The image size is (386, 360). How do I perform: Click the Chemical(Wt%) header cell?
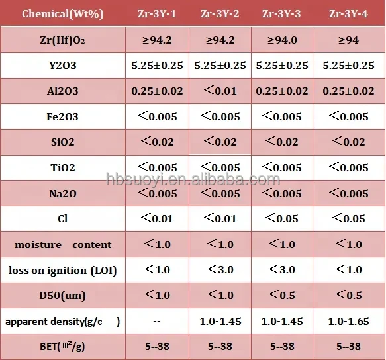62,14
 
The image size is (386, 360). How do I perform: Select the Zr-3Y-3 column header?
281,14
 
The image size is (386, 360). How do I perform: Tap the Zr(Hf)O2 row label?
62,40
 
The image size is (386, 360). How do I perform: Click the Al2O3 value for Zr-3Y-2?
220,91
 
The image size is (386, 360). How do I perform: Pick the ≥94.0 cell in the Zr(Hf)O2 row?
282,40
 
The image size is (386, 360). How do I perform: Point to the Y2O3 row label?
62,66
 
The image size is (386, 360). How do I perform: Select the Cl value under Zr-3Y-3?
282,218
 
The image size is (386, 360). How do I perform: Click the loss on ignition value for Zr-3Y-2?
220,270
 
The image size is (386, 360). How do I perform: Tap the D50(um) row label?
62,296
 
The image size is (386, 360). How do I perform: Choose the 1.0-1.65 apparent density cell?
348,322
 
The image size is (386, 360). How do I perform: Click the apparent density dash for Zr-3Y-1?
157,322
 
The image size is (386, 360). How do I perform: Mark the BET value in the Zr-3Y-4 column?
348,347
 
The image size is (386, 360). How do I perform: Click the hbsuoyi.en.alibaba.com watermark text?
193,179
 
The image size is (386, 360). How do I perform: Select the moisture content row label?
63,245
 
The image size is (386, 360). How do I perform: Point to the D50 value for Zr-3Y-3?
282,295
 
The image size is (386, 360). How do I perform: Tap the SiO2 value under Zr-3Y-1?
157,142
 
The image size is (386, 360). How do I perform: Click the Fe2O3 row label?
62,116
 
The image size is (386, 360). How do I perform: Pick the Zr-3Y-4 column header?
348,14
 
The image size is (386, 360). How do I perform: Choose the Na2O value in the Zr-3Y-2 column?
220,193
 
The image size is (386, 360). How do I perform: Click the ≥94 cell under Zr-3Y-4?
348,40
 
